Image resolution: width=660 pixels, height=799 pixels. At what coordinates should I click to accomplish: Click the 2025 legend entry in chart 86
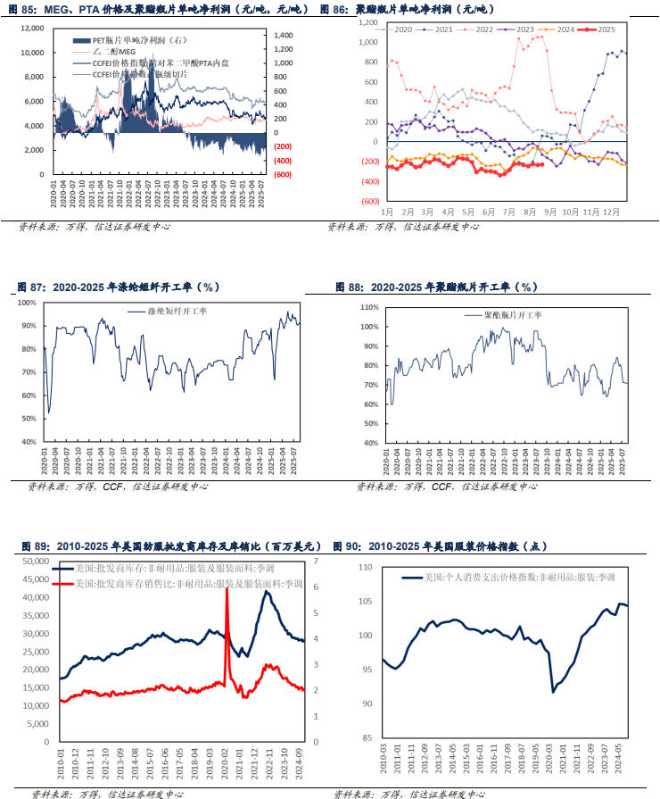coord(607,29)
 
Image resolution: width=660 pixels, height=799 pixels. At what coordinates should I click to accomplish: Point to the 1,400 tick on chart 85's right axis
coord(283,35)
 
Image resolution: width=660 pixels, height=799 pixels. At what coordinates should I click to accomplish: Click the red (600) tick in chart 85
coord(283,175)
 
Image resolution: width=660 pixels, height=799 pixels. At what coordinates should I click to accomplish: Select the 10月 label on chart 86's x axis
coord(568,212)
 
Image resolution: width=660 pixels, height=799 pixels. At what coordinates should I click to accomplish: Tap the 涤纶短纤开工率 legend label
coord(174,312)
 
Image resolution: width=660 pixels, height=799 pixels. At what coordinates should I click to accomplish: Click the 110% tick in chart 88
coord(368,307)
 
